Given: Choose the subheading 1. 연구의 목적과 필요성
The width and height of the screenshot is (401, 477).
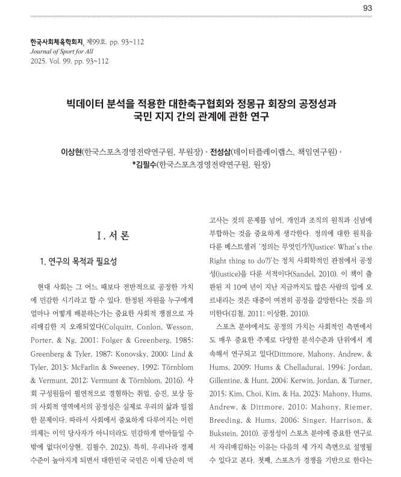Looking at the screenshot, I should (76, 262).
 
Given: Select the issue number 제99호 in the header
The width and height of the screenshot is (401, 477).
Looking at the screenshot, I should (99, 42).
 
